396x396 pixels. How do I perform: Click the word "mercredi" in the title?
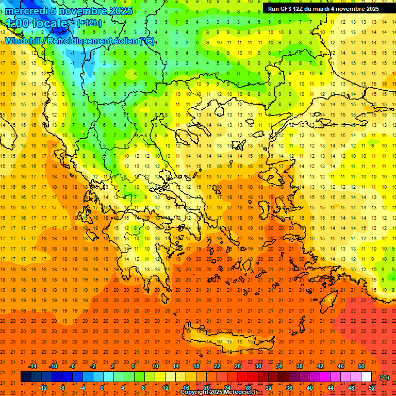pos(24,11)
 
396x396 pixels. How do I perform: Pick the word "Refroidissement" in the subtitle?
pos(80,41)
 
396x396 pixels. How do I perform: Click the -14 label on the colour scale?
pos(33,366)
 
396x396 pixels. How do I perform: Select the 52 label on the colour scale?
pos(372,388)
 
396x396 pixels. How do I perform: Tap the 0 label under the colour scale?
pos(102,388)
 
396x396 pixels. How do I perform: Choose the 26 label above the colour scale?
pos(238,366)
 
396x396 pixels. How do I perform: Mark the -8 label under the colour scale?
pos(62,388)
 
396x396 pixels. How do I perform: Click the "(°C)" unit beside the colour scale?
pos(384,377)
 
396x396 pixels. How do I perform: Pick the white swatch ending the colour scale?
pos(367,377)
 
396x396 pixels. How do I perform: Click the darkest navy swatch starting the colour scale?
pos(26,377)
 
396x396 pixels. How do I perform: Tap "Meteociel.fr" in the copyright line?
pos(238,393)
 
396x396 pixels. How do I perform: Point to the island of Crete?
pos(222,342)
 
